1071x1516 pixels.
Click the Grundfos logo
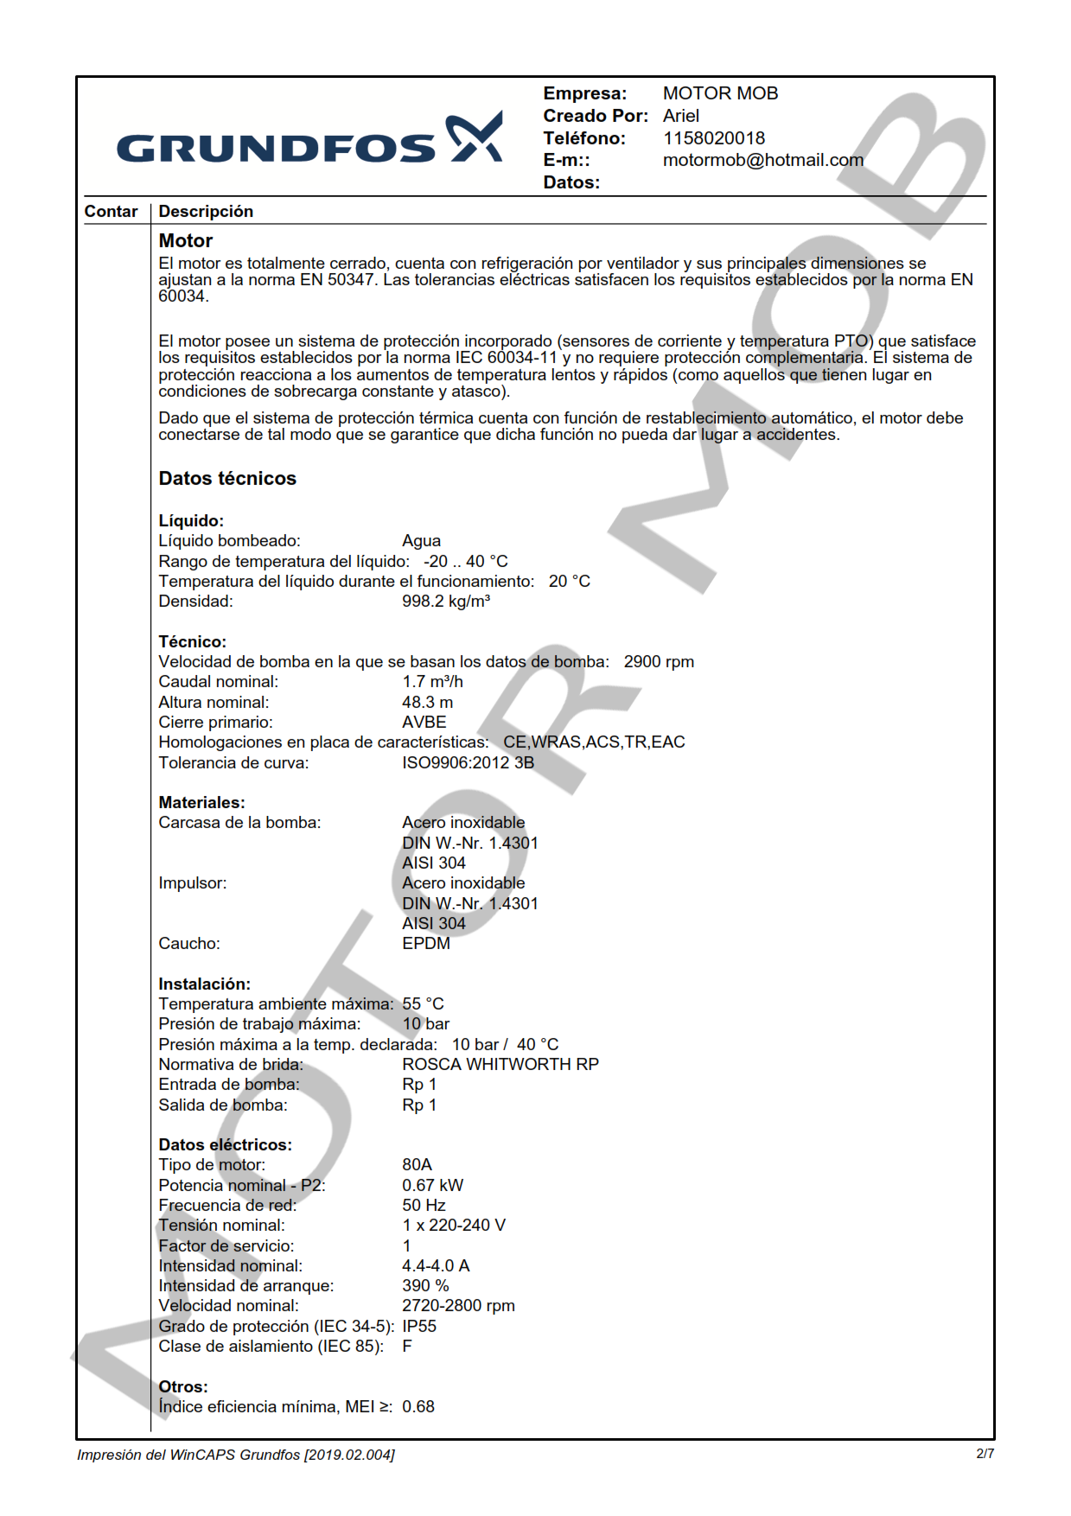pos(309,140)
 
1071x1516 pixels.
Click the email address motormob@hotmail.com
pos(762,160)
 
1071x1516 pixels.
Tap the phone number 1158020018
pos(713,138)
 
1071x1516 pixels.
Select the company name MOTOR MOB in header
pos(720,93)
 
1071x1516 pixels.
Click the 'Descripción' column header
pos(206,212)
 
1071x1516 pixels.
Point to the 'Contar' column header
pos(111,212)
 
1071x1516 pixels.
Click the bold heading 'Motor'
pos(185,241)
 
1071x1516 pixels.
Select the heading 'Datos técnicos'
pos(227,479)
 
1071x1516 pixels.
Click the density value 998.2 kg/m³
pos(445,602)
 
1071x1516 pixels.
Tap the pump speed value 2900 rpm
pos(659,662)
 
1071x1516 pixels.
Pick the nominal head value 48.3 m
pos(427,703)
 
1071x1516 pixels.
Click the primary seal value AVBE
pos(424,723)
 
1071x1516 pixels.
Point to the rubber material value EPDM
pos(425,944)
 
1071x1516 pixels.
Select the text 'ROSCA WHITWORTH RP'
pos(500,1065)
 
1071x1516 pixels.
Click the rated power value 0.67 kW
pos(432,1186)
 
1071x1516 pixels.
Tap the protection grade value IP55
pos(418,1327)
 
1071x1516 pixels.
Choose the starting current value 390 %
pos(425,1286)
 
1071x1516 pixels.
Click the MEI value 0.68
pos(418,1407)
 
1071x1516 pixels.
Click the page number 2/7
pos(985,1454)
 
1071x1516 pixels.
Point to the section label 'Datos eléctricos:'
pos(225,1145)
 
